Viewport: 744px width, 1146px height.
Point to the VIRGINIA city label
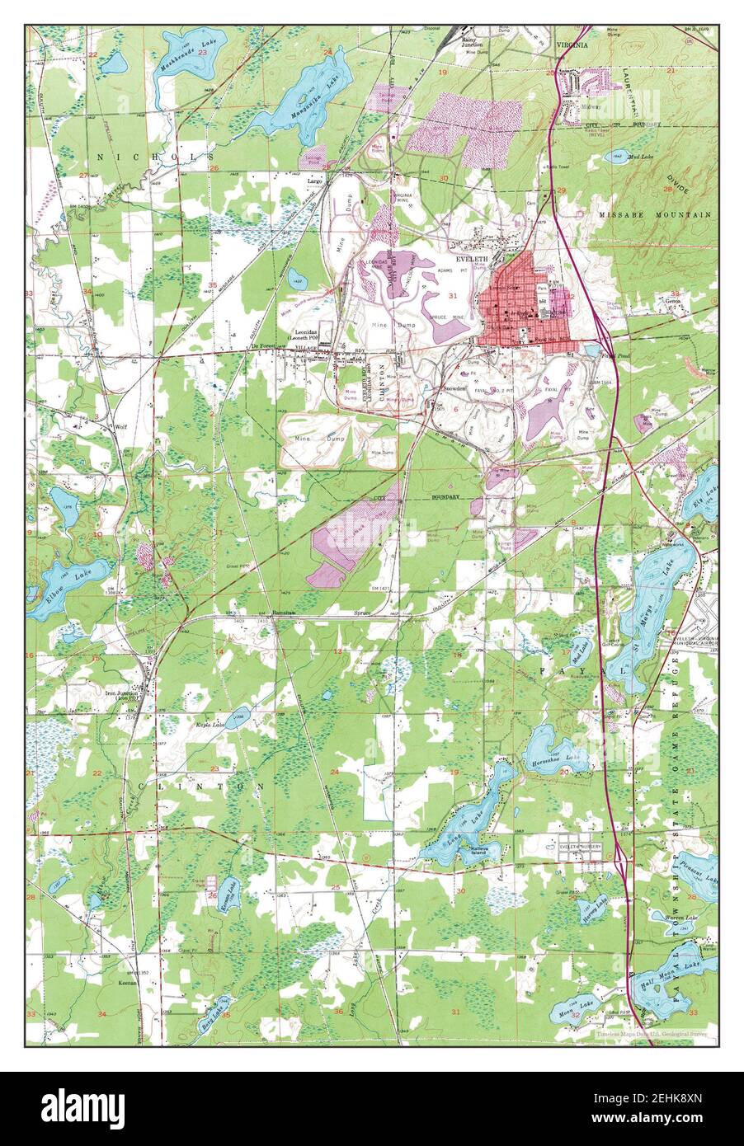[x=572, y=45]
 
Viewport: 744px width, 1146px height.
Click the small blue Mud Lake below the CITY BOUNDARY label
[x=615, y=155]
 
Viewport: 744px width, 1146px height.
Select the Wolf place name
[x=120, y=427]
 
